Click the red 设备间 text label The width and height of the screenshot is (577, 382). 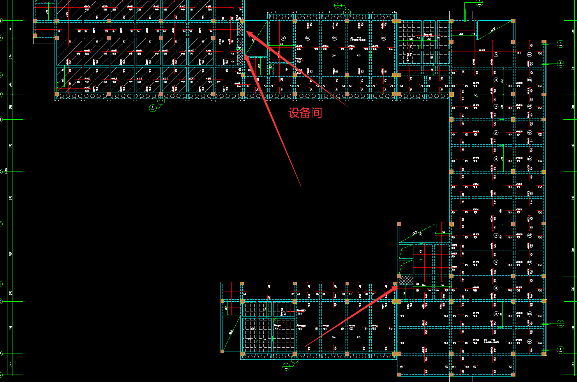point(305,113)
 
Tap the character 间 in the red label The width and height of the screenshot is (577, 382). point(316,113)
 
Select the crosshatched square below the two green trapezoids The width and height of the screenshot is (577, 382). point(406,280)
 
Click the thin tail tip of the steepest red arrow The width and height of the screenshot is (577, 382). point(301,187)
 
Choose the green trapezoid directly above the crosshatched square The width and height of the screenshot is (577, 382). point(406,267)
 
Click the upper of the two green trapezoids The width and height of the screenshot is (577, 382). point(406,251)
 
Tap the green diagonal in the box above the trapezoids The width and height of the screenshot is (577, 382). point(416,233)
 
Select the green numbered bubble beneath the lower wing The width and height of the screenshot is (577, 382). point(286,366)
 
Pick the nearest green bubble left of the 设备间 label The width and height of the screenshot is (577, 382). point(153,108)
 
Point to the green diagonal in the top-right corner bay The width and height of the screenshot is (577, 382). point(495,30)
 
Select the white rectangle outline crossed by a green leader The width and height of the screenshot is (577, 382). point(461,15)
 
